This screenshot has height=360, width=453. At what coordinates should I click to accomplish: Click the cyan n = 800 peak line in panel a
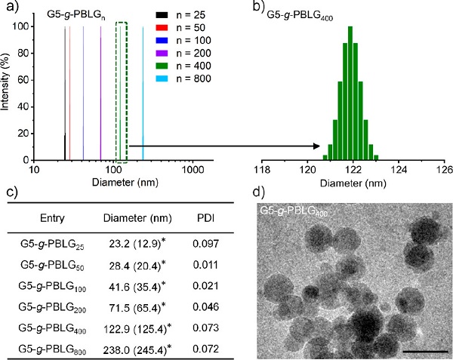point(143,91)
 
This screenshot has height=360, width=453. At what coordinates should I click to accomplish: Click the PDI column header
point(203,218)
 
